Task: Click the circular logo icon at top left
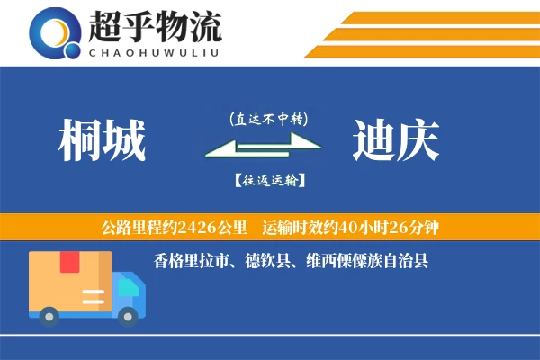[55, 33]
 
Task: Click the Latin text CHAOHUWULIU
[154, 52]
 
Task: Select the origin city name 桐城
[102, 141]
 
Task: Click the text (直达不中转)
[268, 118]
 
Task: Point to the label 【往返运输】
[268, 181]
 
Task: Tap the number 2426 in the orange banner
[207, 225]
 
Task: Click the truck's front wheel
[129, 315]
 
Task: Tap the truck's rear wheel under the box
[50, 315]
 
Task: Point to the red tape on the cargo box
[69, 262]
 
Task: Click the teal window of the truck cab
[129, 285]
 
